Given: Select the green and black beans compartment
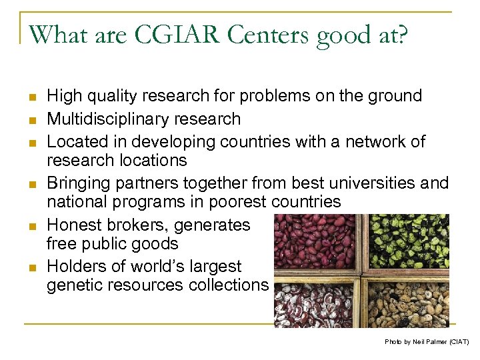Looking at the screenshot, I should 408,241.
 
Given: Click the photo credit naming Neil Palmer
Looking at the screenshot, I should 427,341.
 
